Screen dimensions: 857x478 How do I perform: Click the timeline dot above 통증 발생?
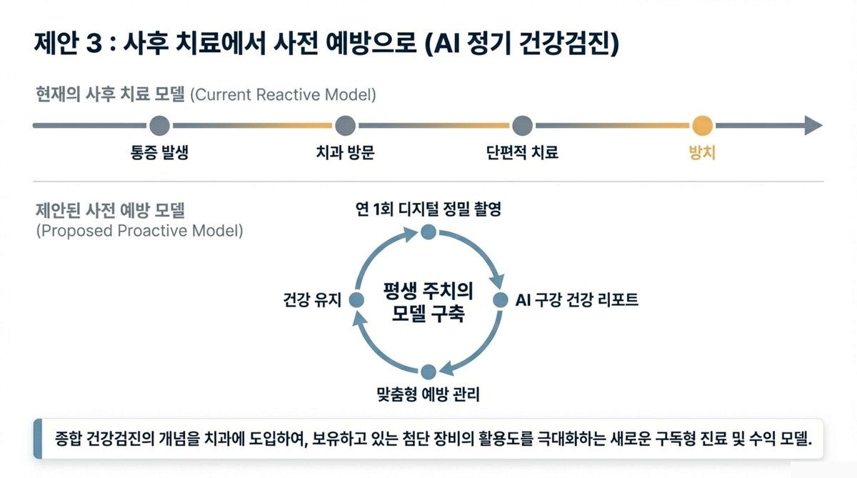tap(159, 126)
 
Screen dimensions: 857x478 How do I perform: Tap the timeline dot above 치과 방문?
tap(344, 126)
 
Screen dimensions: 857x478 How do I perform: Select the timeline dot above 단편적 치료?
tap(522, 126)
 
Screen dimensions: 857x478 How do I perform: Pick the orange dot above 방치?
tap(702, 126)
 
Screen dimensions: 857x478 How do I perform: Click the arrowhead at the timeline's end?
tap(813, 126)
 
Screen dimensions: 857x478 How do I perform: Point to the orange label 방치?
tap(702, 153)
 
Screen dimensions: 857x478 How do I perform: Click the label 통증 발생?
tap(159, 153)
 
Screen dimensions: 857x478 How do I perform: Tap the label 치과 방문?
tap(344, 153)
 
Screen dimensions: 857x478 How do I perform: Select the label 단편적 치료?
tap(522, 153)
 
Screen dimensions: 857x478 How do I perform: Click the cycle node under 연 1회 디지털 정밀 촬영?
tap(428, 231)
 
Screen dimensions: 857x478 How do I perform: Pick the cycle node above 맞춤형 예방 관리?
tap(428, 372)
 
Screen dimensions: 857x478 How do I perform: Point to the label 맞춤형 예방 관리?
tap(428, 394)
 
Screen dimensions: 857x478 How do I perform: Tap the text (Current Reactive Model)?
tap(283, 95)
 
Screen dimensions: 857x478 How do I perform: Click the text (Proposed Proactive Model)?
tap(139, 231)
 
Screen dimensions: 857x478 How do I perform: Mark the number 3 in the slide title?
tap(94, 45)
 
